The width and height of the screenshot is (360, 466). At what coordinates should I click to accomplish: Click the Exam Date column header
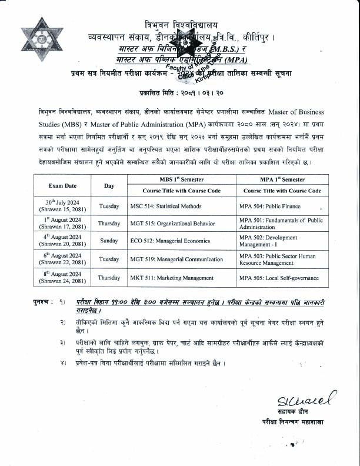(x=59, y=185)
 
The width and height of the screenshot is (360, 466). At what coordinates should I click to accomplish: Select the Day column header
(x=109, y=185)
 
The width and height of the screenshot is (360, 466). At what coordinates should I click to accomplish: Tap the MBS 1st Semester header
(x=182, y=179)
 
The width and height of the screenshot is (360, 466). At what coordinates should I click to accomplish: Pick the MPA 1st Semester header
(x=282, y=179)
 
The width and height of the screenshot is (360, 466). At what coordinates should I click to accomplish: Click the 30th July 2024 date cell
(x=59, y=206)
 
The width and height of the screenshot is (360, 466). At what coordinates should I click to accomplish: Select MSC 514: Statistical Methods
(x=166, y=207)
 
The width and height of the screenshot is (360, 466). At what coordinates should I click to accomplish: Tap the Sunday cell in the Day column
(x=109, y=241)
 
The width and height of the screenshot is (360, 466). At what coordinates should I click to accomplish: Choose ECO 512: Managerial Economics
(x=170, y=241)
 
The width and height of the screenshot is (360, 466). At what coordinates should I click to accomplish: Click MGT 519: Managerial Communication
(x=176, y=259)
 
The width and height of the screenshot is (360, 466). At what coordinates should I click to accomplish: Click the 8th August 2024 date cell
(x=59, y=277)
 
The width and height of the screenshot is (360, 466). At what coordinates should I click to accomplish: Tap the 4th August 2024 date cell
(x=59, y=241)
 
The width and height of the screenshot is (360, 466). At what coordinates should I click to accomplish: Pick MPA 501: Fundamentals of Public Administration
(x=281, y=224)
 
